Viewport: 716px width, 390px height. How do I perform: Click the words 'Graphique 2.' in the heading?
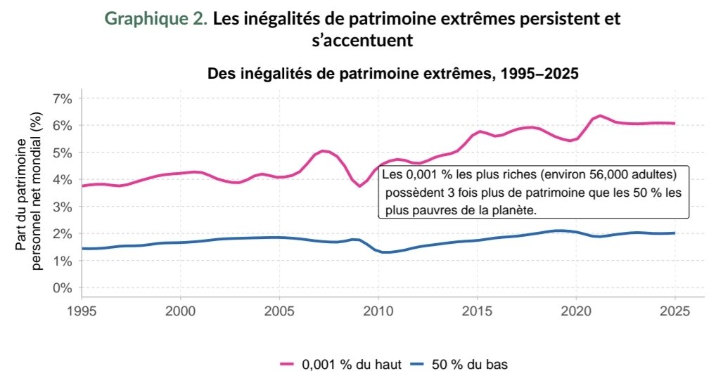pos(156,20)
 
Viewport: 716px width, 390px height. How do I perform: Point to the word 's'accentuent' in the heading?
pos(361,41)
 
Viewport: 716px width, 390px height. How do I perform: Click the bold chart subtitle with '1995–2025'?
pos(392,74)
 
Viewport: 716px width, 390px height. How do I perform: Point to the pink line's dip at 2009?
pos(359,186)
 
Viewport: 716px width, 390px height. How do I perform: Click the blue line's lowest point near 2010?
pos(385,252)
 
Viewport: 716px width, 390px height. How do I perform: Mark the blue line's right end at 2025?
pos(675,233)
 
